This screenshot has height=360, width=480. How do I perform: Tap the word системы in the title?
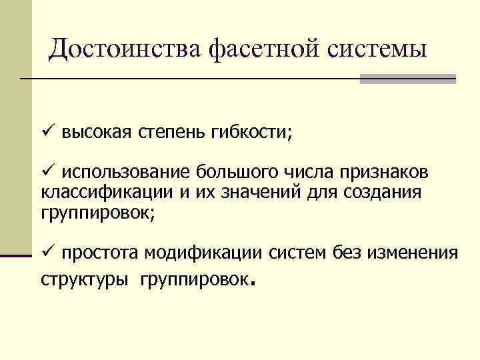(x=377, y=48)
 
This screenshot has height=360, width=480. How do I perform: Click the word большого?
(x=233, y=173)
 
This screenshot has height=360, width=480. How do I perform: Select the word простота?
(x=96, y=253)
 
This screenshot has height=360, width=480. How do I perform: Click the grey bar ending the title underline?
(x=407, y=79)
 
